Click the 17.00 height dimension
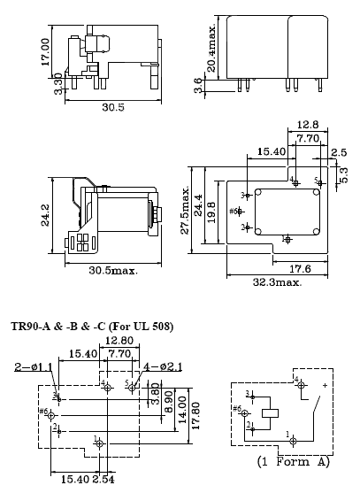[x=45, y=51]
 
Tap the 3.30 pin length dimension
[x=58, y=84]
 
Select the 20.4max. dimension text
[x=211, y=48]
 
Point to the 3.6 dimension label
[x=198, y=86]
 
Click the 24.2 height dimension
[x=45, y=215]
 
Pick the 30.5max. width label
[x=113, y=270]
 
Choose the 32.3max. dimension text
[x=278, y=282]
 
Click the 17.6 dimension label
[x=300, y=269]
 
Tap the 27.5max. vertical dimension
[x=185, y=210]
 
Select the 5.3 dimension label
[x=344, y=175]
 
